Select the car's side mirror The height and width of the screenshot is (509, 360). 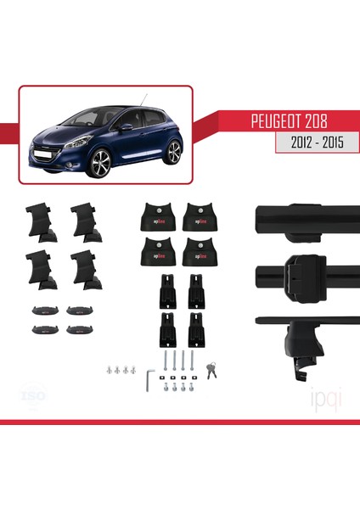[x=126, y=127]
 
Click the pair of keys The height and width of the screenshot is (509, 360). [x=212, y=370]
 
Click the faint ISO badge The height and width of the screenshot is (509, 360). [x=31, y=395]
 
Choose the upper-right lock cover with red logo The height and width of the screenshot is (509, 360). [x=200, y=219]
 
